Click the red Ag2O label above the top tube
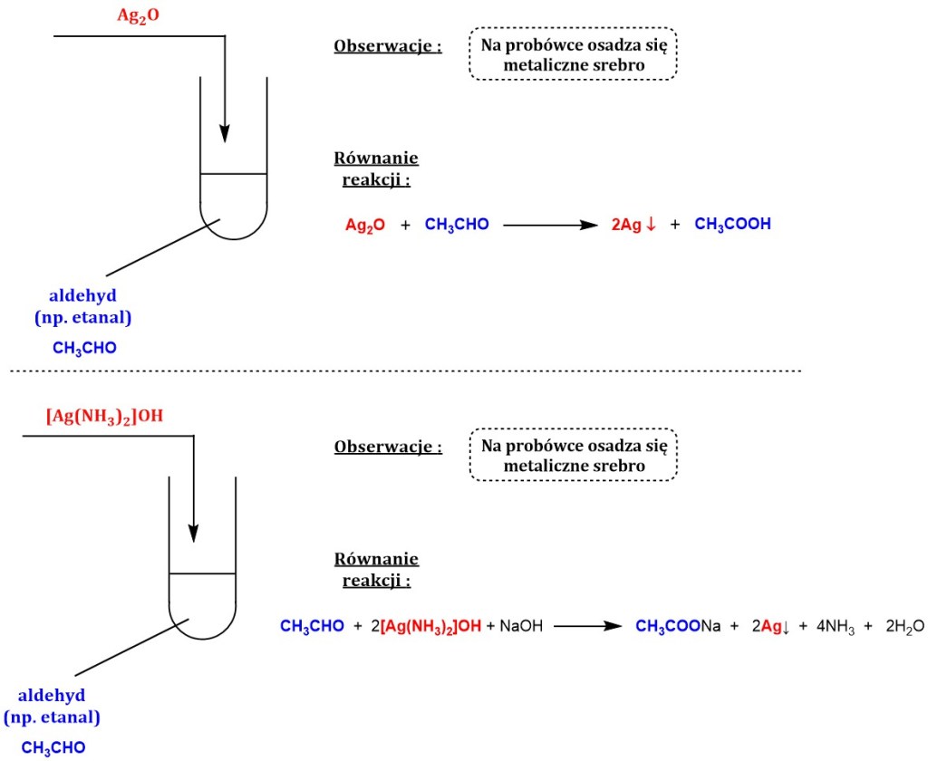pos(138,16)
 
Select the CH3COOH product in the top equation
pos(732,225)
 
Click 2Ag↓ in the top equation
pos(633,225)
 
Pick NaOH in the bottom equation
pos(520,626)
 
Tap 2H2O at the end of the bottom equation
pos(906,626)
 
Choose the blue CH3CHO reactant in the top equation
pos(457,225)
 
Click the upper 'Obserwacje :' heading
pos(388,46)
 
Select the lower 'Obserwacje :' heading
pos(388,447)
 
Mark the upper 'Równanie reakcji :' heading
pos(377,169)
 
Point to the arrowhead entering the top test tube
pos(225,134)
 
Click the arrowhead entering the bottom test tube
pos(193,533)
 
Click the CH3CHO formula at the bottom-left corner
pos(53,747)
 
